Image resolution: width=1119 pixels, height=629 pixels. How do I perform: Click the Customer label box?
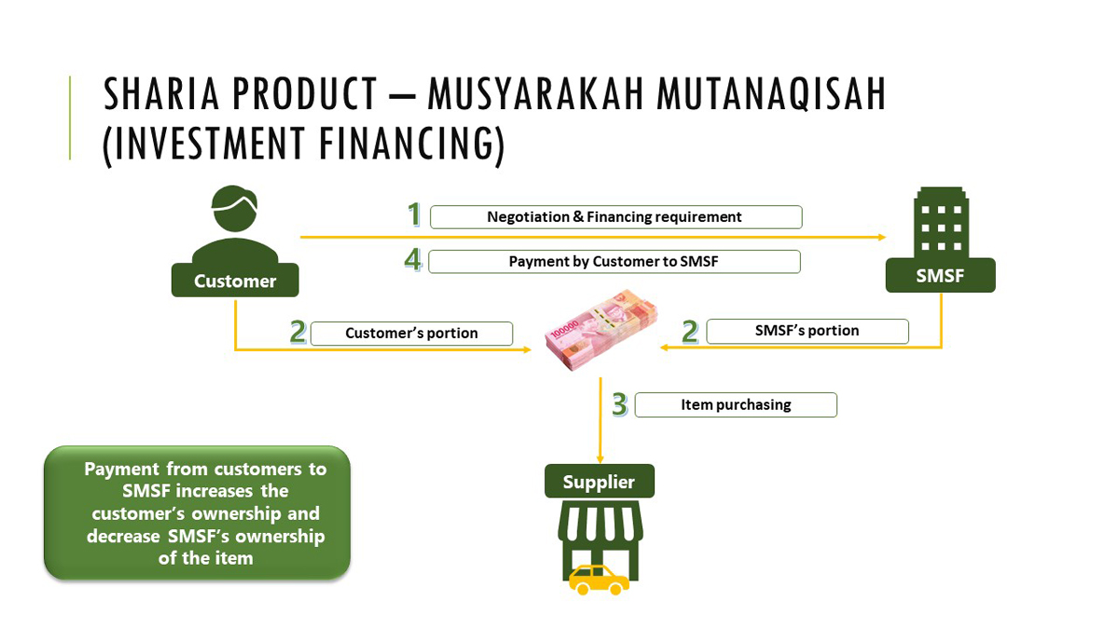click(235, 280)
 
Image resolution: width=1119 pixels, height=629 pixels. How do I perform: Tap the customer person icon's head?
click(234, 207)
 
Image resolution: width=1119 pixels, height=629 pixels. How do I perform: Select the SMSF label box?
click(940, 276)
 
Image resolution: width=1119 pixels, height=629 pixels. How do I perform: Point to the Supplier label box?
click(599, 482)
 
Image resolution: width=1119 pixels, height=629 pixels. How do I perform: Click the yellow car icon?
click(599, 579)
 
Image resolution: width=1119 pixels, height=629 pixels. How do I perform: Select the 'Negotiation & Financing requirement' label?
click(615, 217)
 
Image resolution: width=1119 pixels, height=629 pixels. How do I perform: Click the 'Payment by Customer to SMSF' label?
click(613, 262)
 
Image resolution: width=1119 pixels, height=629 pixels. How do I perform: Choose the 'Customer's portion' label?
click(411, 334)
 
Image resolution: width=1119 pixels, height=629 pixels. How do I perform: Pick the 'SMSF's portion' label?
click(807, 331)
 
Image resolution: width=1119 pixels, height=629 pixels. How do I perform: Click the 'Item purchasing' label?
click(735, 405)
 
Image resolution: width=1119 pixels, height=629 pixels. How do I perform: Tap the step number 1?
click(414, 215)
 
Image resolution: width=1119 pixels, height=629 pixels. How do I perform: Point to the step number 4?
click(413, 259)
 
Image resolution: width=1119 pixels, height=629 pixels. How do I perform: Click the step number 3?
click(619, 404)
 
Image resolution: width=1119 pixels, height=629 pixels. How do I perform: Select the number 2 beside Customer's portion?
click(297, 333)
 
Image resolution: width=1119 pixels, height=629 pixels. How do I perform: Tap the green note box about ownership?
click(197, 513)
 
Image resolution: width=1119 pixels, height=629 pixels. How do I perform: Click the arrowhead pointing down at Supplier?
click(600, 458)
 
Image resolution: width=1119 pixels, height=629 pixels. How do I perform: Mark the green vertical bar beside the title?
click(71, 117)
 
